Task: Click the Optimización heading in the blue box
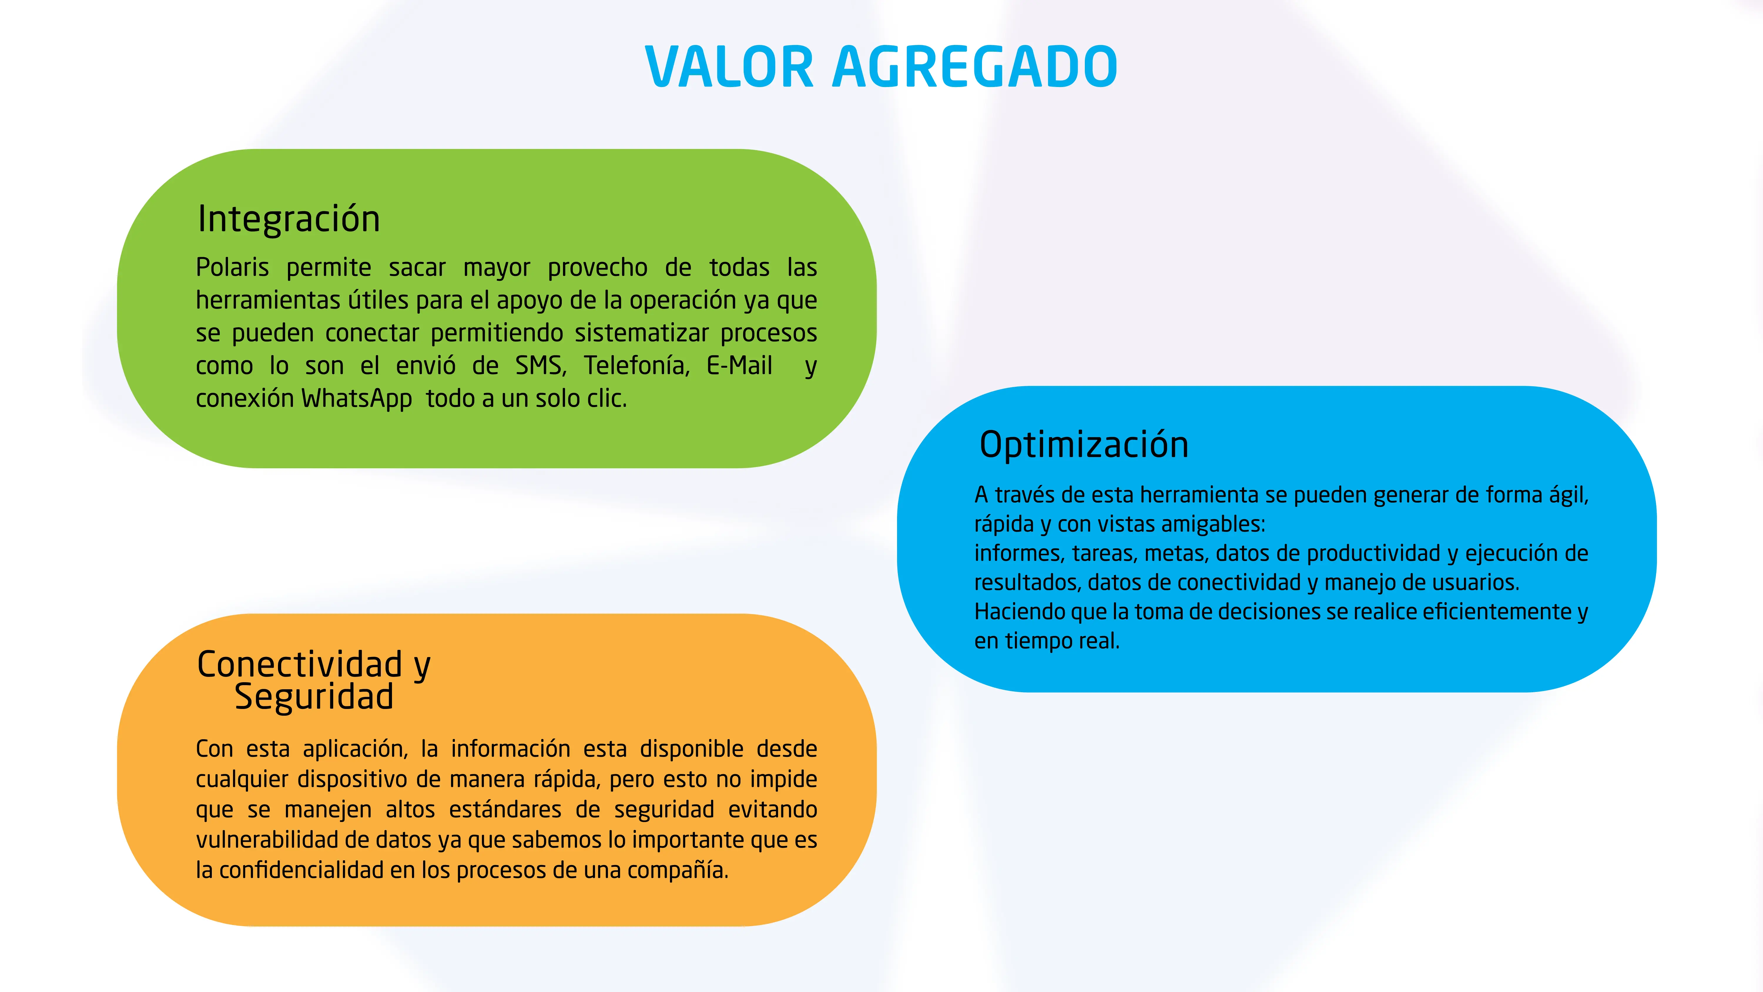[x=1084, y=444]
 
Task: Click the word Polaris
[x=233, y=267]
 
